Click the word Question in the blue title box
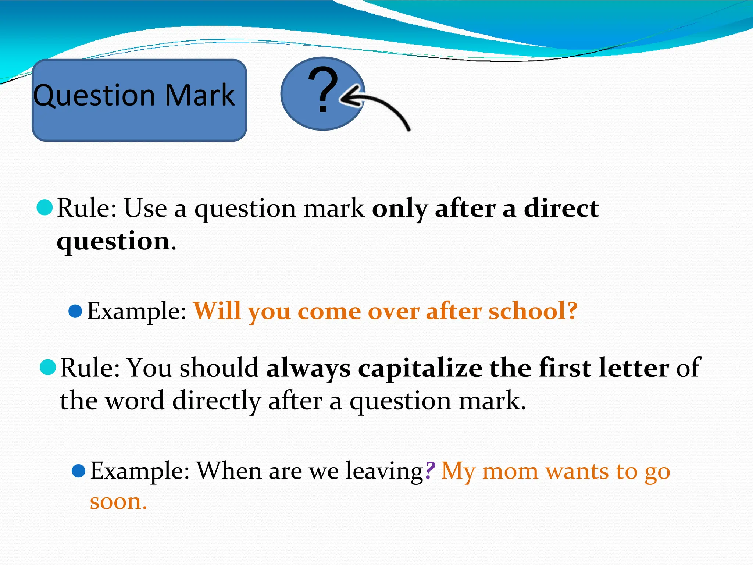tap(94, 96)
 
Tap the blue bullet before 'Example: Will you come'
tap(75, 311)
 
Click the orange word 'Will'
tap(217, 311)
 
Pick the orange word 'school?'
tap(533, 311)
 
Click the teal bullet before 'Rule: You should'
tap(48, 367)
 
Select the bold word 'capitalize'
tap(420, 368)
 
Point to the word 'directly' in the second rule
tap(217, 401)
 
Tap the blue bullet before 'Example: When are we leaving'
tap(79, 470)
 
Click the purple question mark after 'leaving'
tap(430, 470)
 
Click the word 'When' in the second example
tap(229, 470)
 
